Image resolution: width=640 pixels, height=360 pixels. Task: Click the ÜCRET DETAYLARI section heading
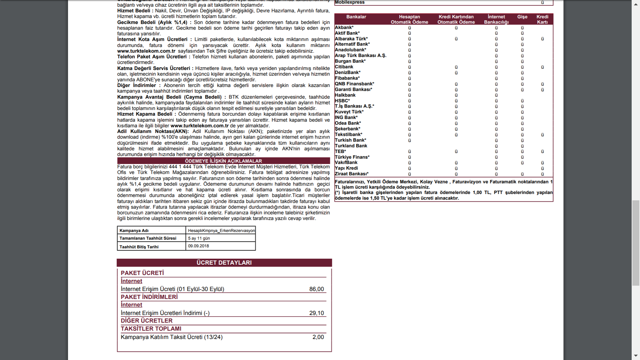[224, 263]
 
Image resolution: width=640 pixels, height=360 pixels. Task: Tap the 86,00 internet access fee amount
[316, 289]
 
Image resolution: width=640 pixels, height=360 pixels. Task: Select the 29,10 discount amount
[316, 313]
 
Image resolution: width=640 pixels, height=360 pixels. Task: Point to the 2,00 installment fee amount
[318, 337]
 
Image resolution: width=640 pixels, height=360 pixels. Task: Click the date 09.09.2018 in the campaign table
[198, 246]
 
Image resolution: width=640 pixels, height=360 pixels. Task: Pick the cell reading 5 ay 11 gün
[199, 238]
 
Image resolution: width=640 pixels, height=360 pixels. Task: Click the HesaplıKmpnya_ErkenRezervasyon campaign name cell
[221, 231]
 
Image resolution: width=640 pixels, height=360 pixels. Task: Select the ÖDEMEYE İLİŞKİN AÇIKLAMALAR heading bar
[223, 161]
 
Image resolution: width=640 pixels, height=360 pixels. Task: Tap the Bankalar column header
[356, 17]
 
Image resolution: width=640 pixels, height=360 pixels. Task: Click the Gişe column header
[522, 17]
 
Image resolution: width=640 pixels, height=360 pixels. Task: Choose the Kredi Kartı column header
[542, 19]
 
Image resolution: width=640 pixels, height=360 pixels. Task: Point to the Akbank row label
[344, 28]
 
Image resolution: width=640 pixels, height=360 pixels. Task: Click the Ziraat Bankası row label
[351, 174]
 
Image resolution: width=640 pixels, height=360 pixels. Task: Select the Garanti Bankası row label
[353, 89]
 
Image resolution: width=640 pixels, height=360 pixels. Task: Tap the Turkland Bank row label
[351, 146]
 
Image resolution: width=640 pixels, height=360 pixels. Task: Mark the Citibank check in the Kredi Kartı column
[542, 67]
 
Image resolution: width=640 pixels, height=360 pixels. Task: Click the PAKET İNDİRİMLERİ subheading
[149, 297]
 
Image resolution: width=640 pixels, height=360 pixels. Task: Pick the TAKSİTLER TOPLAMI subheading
[151, 329]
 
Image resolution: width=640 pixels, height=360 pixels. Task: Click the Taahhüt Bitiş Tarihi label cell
[139, 247]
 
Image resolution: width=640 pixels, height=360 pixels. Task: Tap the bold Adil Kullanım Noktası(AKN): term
[153, 131]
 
